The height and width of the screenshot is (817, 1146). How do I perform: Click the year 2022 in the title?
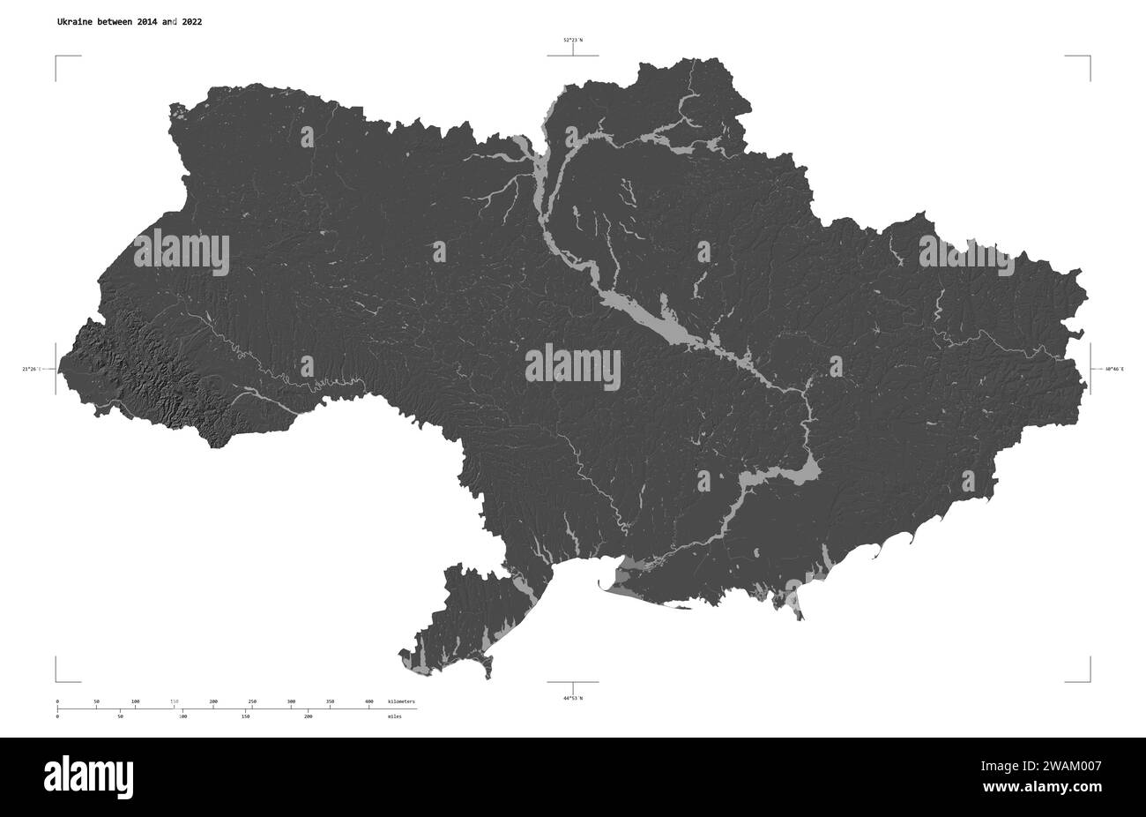[189, 21]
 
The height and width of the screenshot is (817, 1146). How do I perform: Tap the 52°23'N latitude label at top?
[573, 40]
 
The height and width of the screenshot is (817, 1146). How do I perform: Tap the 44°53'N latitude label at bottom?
[573, 698]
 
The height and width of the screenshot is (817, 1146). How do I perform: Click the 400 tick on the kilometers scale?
[368, 701]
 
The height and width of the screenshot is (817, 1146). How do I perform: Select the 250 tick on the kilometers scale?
[252, 701]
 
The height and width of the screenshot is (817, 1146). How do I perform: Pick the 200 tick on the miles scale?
[308, 716]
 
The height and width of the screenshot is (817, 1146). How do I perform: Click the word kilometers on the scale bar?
[401, 701]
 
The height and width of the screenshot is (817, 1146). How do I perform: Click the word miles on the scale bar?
[394, 716]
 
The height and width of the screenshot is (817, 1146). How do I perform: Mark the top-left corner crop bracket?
[58, 58]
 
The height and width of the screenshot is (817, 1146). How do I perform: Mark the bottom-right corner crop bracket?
[1088, 678]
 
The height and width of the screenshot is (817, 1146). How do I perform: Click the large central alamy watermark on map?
[573, 368]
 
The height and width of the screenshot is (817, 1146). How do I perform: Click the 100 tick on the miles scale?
[182, 716]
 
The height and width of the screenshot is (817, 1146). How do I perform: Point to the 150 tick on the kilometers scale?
[175, 701]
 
